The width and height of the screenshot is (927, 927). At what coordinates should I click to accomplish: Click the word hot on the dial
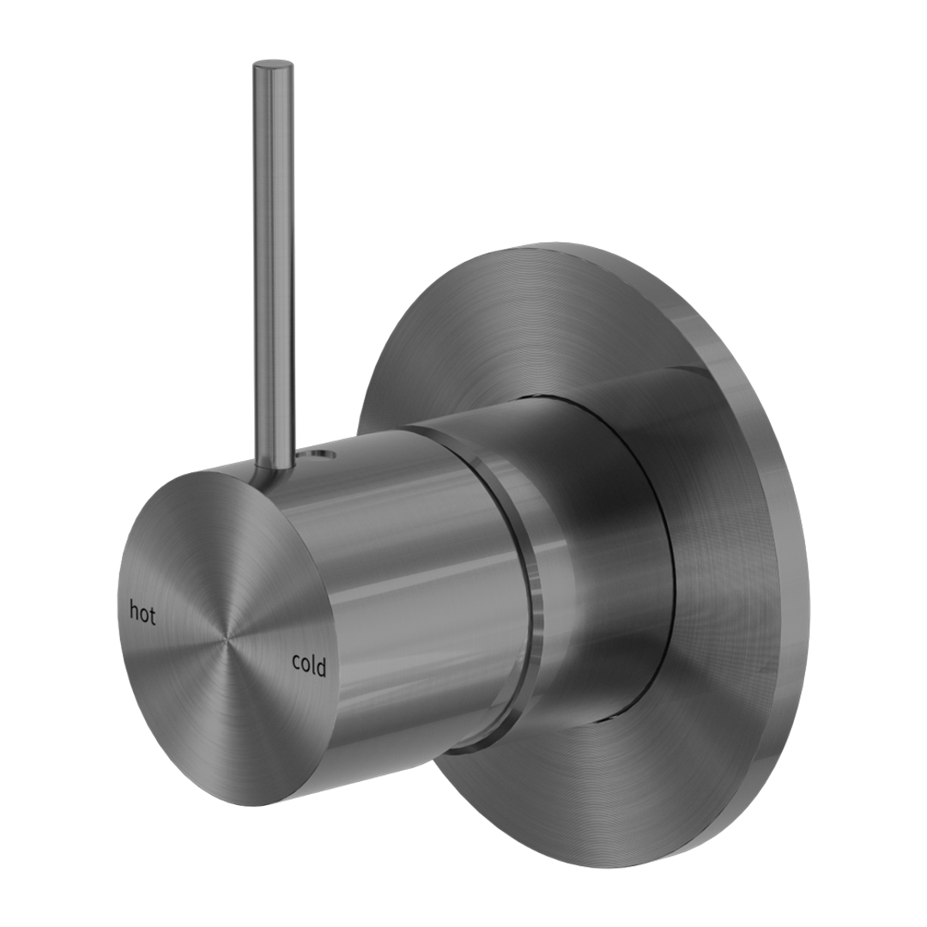pyautogui.click(x=142, y=613)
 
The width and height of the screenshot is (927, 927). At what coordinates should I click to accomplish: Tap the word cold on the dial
pyautogui.click(x=309, y=665)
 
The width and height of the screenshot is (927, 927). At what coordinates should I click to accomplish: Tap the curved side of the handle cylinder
pyautogui.click(x=403, y=601)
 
